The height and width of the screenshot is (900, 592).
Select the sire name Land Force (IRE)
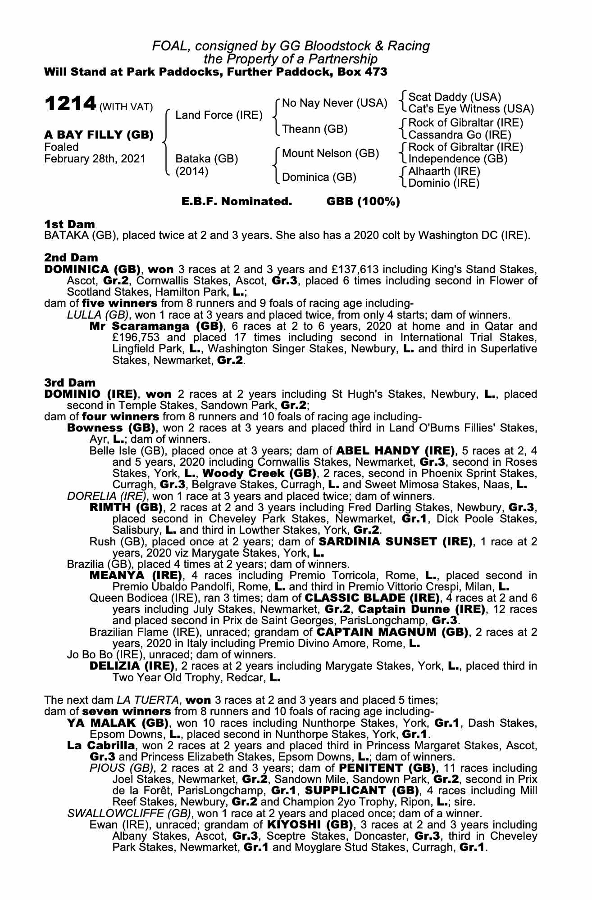tap(219, 115)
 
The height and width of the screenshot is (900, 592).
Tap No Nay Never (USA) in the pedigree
tap(334, 103)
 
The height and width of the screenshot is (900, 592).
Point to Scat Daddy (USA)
tap(454, 97)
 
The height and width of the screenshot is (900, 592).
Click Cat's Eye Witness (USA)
tap(471, 109)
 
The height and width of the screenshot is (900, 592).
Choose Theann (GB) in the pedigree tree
tap(314, 129)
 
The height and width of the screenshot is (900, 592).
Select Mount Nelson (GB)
tap(330, 153)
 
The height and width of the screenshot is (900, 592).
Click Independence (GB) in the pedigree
tap(457, 159)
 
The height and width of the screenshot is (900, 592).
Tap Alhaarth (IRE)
tap(444, 171)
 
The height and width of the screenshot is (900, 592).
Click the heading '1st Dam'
tap(69, 224)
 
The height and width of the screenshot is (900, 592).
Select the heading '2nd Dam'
tap(71, 258)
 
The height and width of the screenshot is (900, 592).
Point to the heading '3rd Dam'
tap(70, 382)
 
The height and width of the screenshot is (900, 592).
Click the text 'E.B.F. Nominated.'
tap(237, 202)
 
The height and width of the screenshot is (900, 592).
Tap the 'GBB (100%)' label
tap(363, 202)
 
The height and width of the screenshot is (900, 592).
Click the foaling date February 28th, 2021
tap(95, 159)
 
